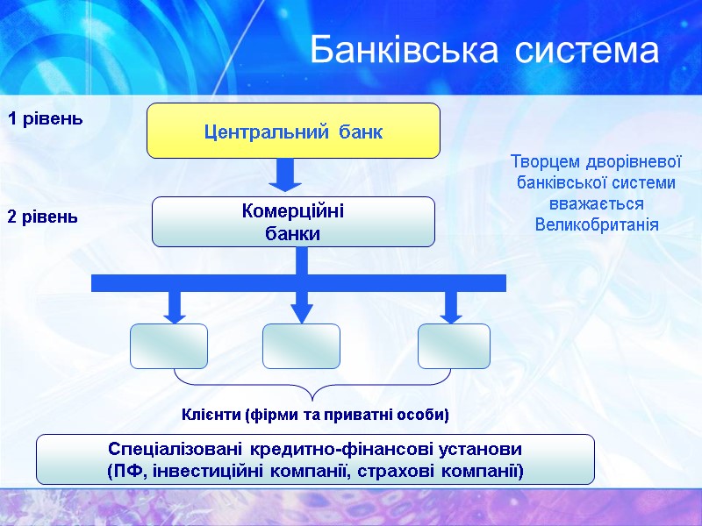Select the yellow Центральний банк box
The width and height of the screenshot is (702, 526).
[293, 131]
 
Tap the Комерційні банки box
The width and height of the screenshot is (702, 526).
[293, 222]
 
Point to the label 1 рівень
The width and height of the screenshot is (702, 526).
[46, 118]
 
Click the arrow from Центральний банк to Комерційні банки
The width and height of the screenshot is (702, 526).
[284, 174]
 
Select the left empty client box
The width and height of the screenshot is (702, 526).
[169, 346]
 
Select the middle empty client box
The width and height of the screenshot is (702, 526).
[301, 346]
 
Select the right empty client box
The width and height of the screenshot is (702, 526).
[453, 346]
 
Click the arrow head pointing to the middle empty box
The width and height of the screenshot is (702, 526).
[302, 313]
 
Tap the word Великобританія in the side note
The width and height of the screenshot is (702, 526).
[596, 224]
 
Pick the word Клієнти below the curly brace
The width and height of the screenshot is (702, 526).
[211, 413]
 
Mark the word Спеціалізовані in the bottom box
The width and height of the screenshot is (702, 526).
[174, 449]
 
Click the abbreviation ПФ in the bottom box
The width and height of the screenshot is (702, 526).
[125, 472]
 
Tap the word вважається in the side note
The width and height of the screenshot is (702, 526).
[596, 203]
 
